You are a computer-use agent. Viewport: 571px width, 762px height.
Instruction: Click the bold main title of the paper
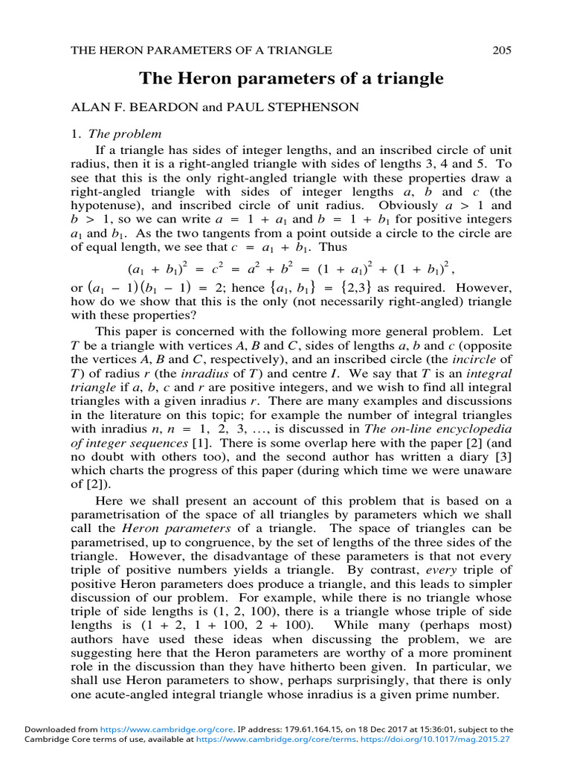pos(292,78)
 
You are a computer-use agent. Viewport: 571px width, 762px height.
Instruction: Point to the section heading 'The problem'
pos(125,135)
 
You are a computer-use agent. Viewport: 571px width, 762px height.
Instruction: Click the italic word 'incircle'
pos(474,357)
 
